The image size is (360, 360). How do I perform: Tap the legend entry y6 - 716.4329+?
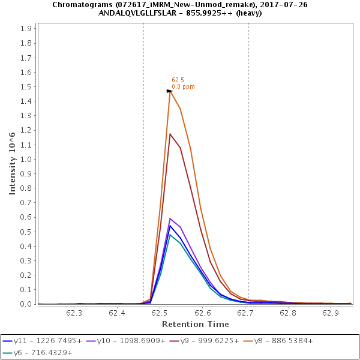(x=42, y=353)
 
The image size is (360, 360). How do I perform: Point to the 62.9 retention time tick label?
(x=331, y=313)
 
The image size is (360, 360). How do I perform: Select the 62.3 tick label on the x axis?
(x=74, y=313)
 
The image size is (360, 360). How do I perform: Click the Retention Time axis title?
(x=195, y=324)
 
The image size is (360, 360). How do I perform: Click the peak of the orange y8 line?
(x=170, y=91)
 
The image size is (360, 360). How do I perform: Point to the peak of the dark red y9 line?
(x=170, y=134)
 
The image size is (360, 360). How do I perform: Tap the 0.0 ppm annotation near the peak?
(x=183, y=87)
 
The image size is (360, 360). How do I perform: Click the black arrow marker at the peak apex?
(x=169, y=91)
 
